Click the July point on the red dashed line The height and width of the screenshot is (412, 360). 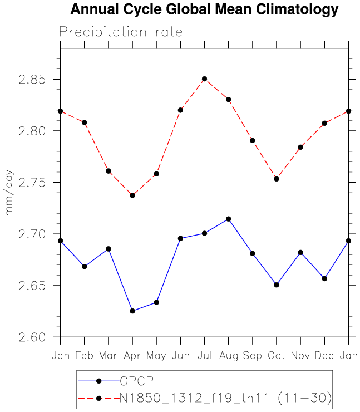(204, 79)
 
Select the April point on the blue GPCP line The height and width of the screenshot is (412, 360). (132, 311)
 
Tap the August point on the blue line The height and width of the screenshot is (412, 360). (228, 219)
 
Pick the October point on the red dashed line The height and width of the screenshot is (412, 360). (277, 179)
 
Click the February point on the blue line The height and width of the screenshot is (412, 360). (84, 267)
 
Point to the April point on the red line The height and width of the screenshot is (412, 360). (132, 195)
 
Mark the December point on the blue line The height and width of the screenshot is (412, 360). (324, 278)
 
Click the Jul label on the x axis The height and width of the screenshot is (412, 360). (204, 356)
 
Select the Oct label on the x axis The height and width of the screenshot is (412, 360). (277, 356)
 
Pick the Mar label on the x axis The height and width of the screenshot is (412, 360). (108, 356)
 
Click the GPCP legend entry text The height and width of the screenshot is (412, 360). (136, 381)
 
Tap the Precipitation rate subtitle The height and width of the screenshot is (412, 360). (121, 32)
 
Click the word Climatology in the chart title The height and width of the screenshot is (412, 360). (293, 9)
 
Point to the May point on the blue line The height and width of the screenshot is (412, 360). (156, 302)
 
